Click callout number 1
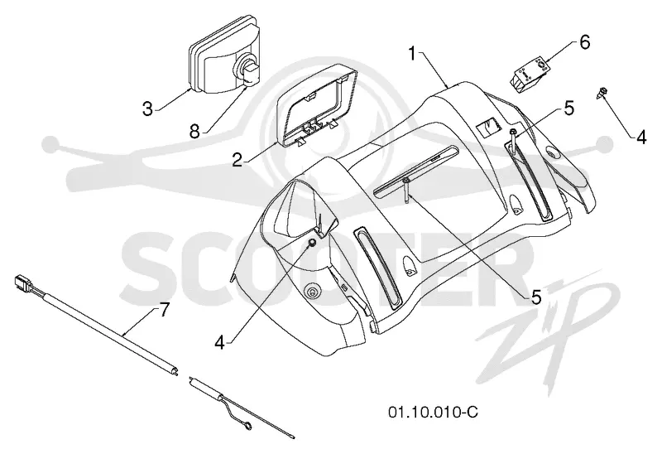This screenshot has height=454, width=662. (413, 55)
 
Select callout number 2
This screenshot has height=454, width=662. (237, 159)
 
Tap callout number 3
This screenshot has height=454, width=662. (147, 109)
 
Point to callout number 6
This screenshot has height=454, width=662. (585, 42)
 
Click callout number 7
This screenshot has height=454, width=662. (163, 311)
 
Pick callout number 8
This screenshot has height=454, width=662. (194, 132)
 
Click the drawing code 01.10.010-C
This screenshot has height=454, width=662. (433, 411)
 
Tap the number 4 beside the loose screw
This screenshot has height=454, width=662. (640, 138)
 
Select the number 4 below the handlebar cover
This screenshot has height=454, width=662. (219, 342)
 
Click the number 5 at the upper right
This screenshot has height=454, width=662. (569, 109)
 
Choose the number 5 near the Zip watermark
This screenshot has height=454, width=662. (536, 297)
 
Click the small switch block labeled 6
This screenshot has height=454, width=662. (528, 75)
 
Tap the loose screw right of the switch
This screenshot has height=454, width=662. (602, 94)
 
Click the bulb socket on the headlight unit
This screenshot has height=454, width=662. (247, 72)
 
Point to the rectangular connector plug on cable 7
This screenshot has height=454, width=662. (21, 282)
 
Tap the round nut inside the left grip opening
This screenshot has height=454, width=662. (312, 243)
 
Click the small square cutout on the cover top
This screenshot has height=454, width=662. (487, 127)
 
